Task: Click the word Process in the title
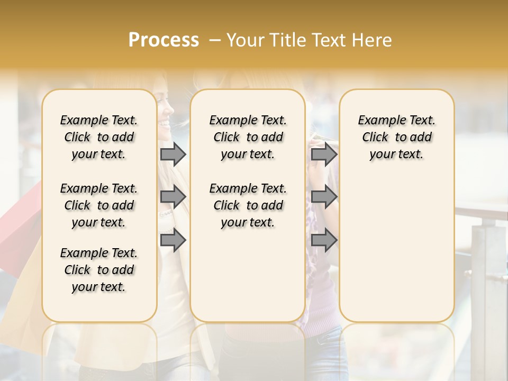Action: coord(164,40)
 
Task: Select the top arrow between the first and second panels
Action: coord(173,154)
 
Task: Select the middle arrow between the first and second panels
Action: coord(173,197)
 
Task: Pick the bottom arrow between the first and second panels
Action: coord(173,240)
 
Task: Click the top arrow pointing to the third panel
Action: coord(324,154)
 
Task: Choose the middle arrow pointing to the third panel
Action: coord(324,197)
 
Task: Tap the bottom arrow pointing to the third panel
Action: coord(324,240)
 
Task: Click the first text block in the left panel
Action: coord(99,137)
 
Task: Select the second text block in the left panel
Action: coord(99,205)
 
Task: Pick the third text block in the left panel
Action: coord(99,270)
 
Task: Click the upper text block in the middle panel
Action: coord(248,137)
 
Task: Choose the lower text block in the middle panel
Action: coord(248,205)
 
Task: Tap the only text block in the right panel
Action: coord(397,137)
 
